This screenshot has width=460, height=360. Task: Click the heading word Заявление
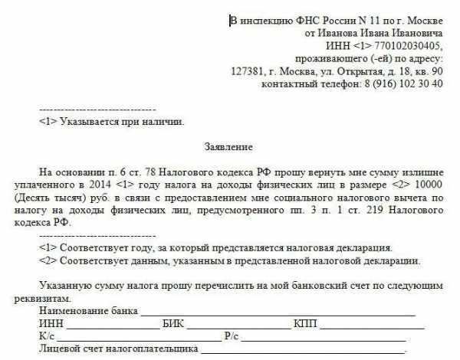229,145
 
